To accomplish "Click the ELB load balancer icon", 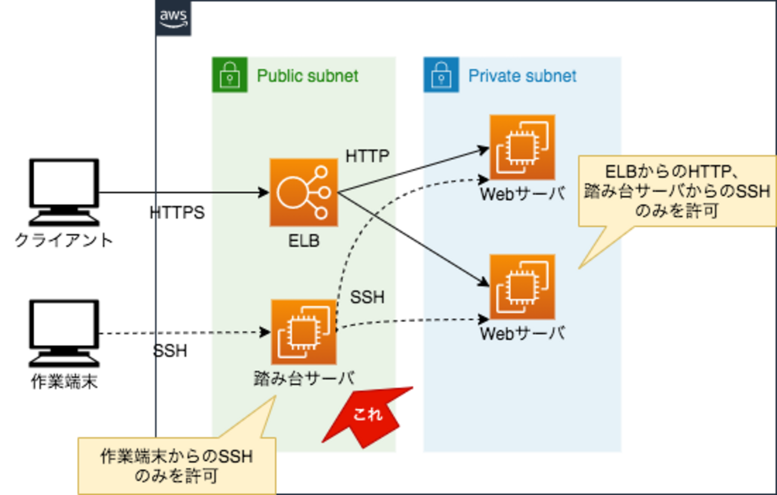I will click(304, 192).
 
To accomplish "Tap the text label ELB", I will click(304, 242).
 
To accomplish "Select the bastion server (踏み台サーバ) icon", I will click(304, 332).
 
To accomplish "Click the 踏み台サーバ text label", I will click(304, 378).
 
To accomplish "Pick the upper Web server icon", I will click(522, 147).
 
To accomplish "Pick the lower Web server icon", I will click(522, 286).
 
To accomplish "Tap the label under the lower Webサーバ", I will click(522, 333).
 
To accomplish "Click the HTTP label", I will click(367, 157).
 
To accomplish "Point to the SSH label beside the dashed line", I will click(367, 297).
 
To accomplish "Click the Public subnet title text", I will click(307, 76).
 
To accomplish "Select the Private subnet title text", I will click(522, 76).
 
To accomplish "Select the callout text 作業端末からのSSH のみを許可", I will click(177, 466).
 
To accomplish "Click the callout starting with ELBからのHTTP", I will click(677, 191).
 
